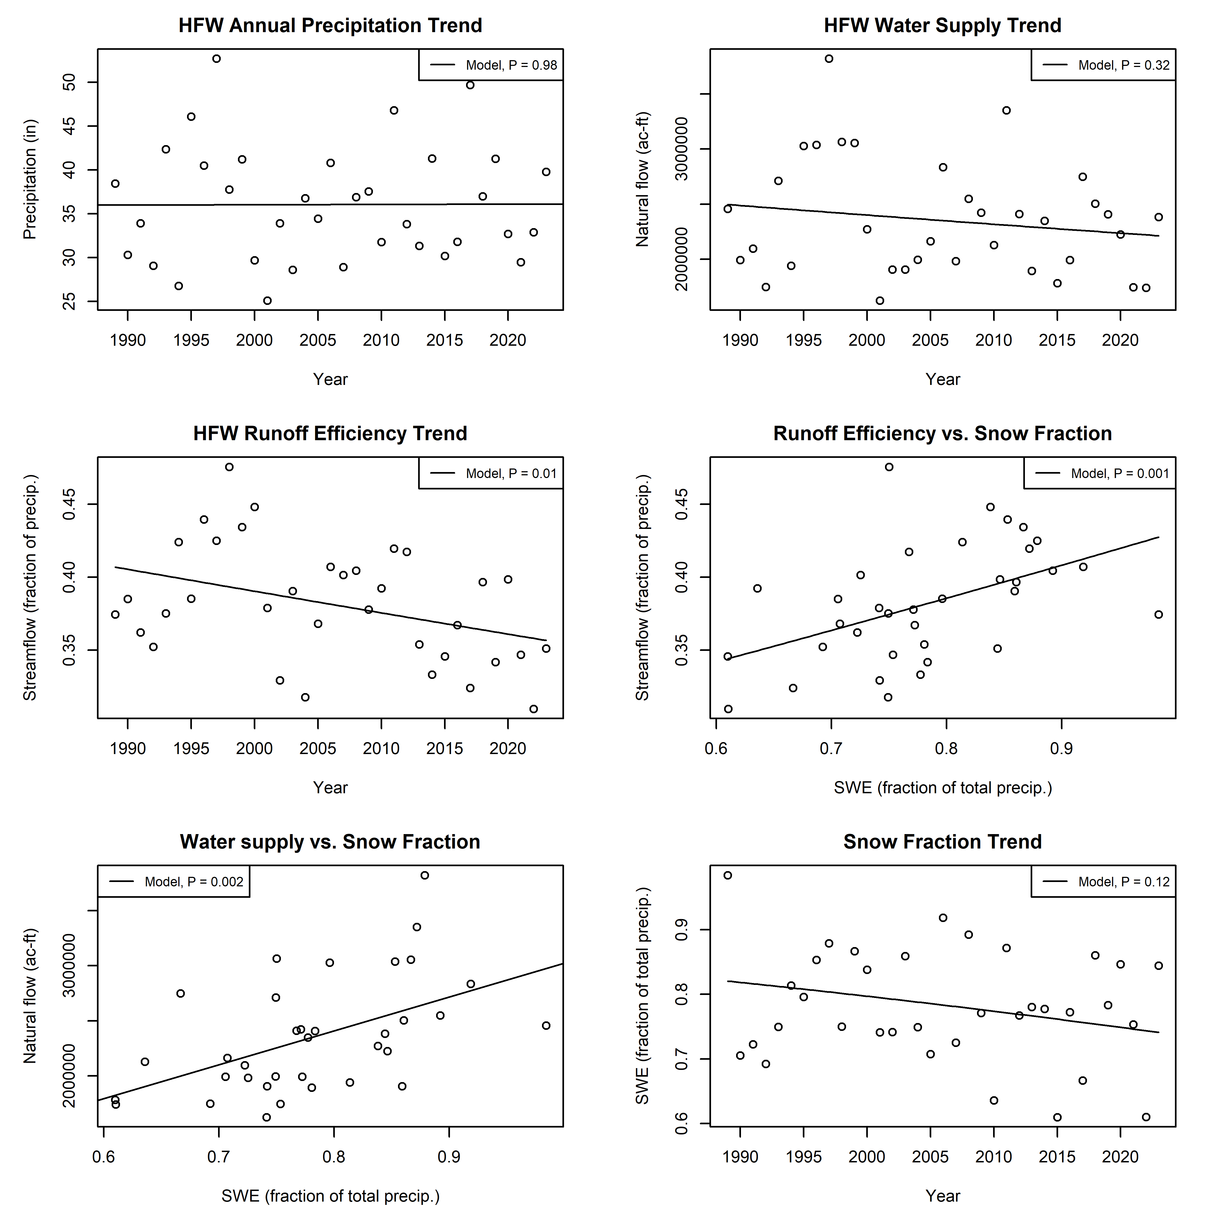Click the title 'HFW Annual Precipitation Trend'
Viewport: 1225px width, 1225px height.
coord(330,25)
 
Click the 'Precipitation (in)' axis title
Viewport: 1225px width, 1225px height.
coord(30,179)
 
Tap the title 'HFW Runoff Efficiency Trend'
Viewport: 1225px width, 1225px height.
coord(330,434)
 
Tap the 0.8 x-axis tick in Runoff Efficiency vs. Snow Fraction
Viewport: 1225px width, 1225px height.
coord(946,749)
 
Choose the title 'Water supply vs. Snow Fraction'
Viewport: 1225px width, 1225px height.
coord(330,842)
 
